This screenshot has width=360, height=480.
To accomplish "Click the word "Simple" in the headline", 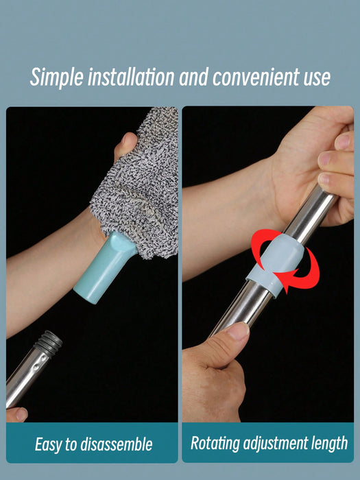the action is click(x=57, y=77).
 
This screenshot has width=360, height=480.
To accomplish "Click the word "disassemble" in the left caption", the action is click(x=117, y=444).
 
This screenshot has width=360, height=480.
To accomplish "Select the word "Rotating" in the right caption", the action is click(x=215, y=444).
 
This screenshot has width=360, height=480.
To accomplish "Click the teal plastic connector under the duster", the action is click(x=104, y=268).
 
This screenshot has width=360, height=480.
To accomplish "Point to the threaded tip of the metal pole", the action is click(x=49, y=341).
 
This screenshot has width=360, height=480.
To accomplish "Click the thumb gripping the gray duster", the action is click(x=125, y=145).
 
